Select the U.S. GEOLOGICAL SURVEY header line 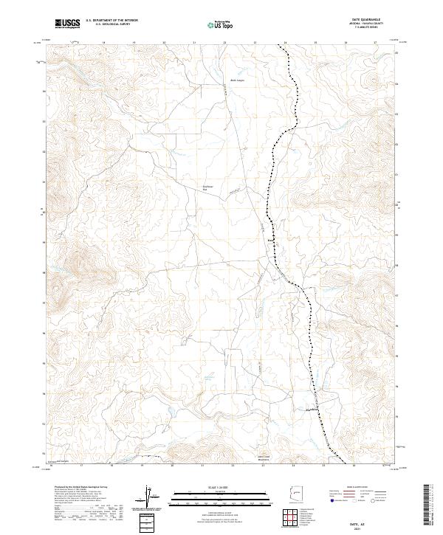106,25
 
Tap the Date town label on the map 270,239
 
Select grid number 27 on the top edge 375,44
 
